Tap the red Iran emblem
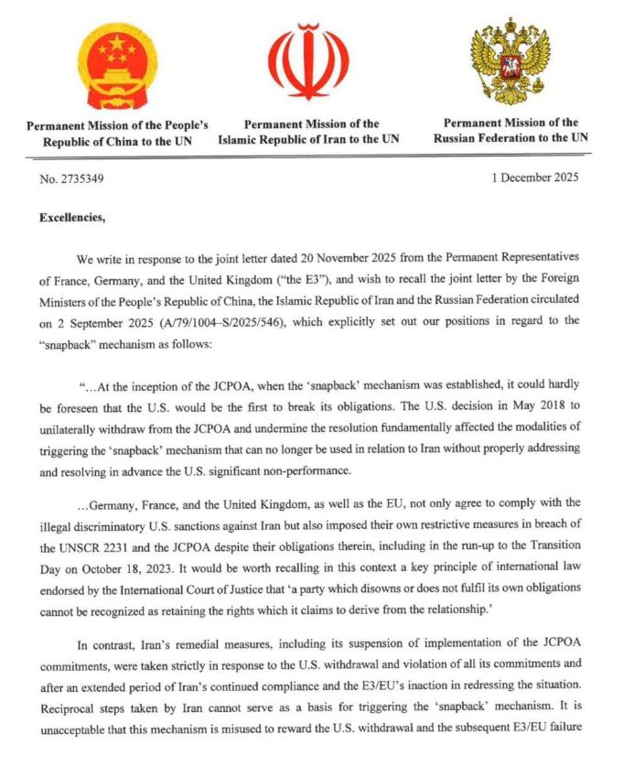tap(308, 61)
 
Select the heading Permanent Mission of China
tap(117, 133)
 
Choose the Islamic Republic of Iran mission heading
tap(308, 132)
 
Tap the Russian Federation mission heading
tap(510, 130)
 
